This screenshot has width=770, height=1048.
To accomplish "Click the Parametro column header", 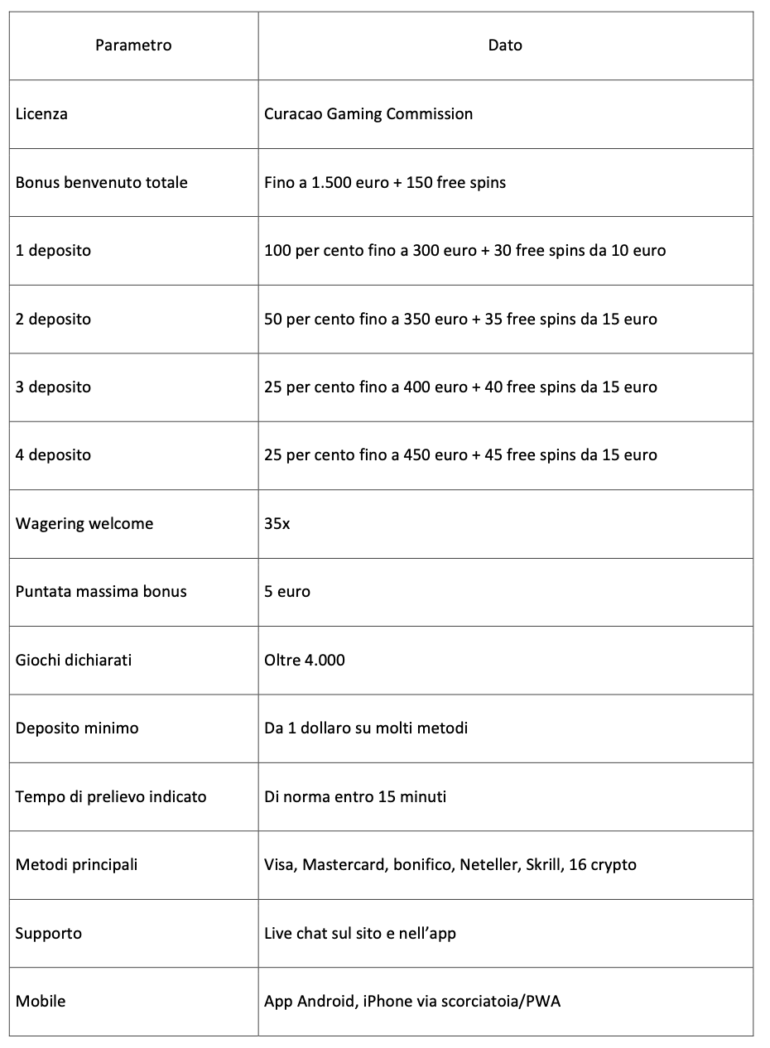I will (133, 46).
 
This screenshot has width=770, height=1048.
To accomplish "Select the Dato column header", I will (505, 46).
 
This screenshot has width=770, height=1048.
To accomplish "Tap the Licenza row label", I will (41, 114).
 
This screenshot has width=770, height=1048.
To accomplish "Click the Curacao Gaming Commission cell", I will (368, 114).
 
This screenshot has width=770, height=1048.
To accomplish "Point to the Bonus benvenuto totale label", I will (102, 182).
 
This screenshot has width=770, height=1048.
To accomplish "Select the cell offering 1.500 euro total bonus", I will (385, 182).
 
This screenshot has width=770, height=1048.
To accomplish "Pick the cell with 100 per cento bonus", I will (464, 250).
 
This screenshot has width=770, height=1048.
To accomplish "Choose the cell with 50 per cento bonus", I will (460, 319).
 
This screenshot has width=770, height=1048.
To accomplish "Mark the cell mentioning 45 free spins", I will (460, 454).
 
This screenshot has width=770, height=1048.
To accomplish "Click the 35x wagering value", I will (277, 523).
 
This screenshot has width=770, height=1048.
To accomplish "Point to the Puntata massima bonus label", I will (101, 591).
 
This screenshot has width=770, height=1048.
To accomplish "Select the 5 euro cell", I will (287, 591).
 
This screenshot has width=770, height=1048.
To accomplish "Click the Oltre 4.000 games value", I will (305, 660).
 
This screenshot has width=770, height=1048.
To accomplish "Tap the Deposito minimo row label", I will (77, 728).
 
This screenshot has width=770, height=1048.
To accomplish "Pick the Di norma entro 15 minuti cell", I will (355, 796).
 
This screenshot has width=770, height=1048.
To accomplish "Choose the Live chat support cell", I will (360, 933).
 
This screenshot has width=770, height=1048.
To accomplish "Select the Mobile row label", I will (41, 1001).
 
